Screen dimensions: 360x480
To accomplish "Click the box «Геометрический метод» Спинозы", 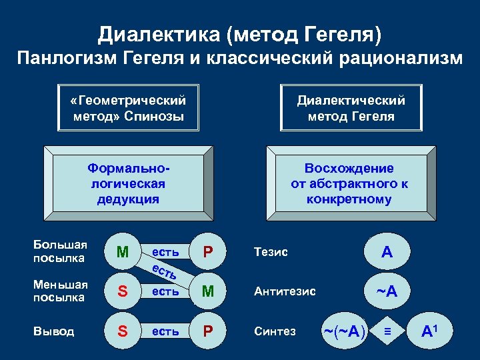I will tap(128, 108).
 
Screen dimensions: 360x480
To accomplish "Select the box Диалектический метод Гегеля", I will tap(351, 108).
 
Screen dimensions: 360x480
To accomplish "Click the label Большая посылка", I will tap(60, 251).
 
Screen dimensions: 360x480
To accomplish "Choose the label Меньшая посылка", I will tap(60, 291).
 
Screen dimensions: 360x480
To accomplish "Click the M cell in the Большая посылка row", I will tap(122, 252).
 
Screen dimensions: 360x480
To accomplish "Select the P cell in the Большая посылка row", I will tap(208, 252).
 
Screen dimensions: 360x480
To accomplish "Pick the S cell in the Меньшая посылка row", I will tap(122, 291).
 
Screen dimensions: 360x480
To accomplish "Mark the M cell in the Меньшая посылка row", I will tap(208, 291).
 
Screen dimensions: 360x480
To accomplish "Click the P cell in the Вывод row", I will tap(208, 331).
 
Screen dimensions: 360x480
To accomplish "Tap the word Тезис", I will tap(271, 252).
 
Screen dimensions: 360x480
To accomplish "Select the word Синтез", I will tap(274, 331).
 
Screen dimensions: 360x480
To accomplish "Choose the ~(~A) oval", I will tap(344, 331).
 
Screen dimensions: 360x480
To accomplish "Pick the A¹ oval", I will tap(431, 331).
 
